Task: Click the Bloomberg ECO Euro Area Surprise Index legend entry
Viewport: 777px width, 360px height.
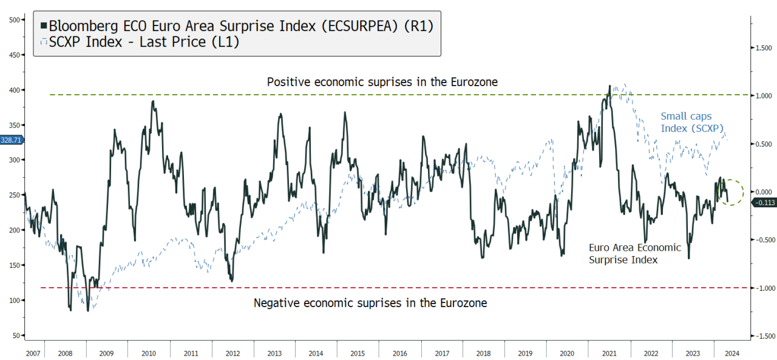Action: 237,25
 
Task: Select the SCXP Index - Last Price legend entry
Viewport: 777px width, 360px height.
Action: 140,42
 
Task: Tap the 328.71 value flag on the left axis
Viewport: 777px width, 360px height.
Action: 11,140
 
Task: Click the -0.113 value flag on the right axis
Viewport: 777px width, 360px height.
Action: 763,202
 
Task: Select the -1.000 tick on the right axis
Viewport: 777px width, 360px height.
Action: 764,288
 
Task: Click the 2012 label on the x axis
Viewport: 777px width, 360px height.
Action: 233,353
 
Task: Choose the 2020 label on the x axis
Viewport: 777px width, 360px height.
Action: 567,353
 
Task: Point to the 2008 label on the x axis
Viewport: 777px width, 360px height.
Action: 65,353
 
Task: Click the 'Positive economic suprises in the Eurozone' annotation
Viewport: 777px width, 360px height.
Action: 382,81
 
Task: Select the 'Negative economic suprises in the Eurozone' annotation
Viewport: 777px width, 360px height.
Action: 370,302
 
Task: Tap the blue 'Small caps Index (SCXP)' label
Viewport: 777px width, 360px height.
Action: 686,122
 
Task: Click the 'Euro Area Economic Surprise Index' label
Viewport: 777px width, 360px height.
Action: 635,253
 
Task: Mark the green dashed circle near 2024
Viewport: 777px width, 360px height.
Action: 731,192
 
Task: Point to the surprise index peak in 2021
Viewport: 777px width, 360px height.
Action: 609,86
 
